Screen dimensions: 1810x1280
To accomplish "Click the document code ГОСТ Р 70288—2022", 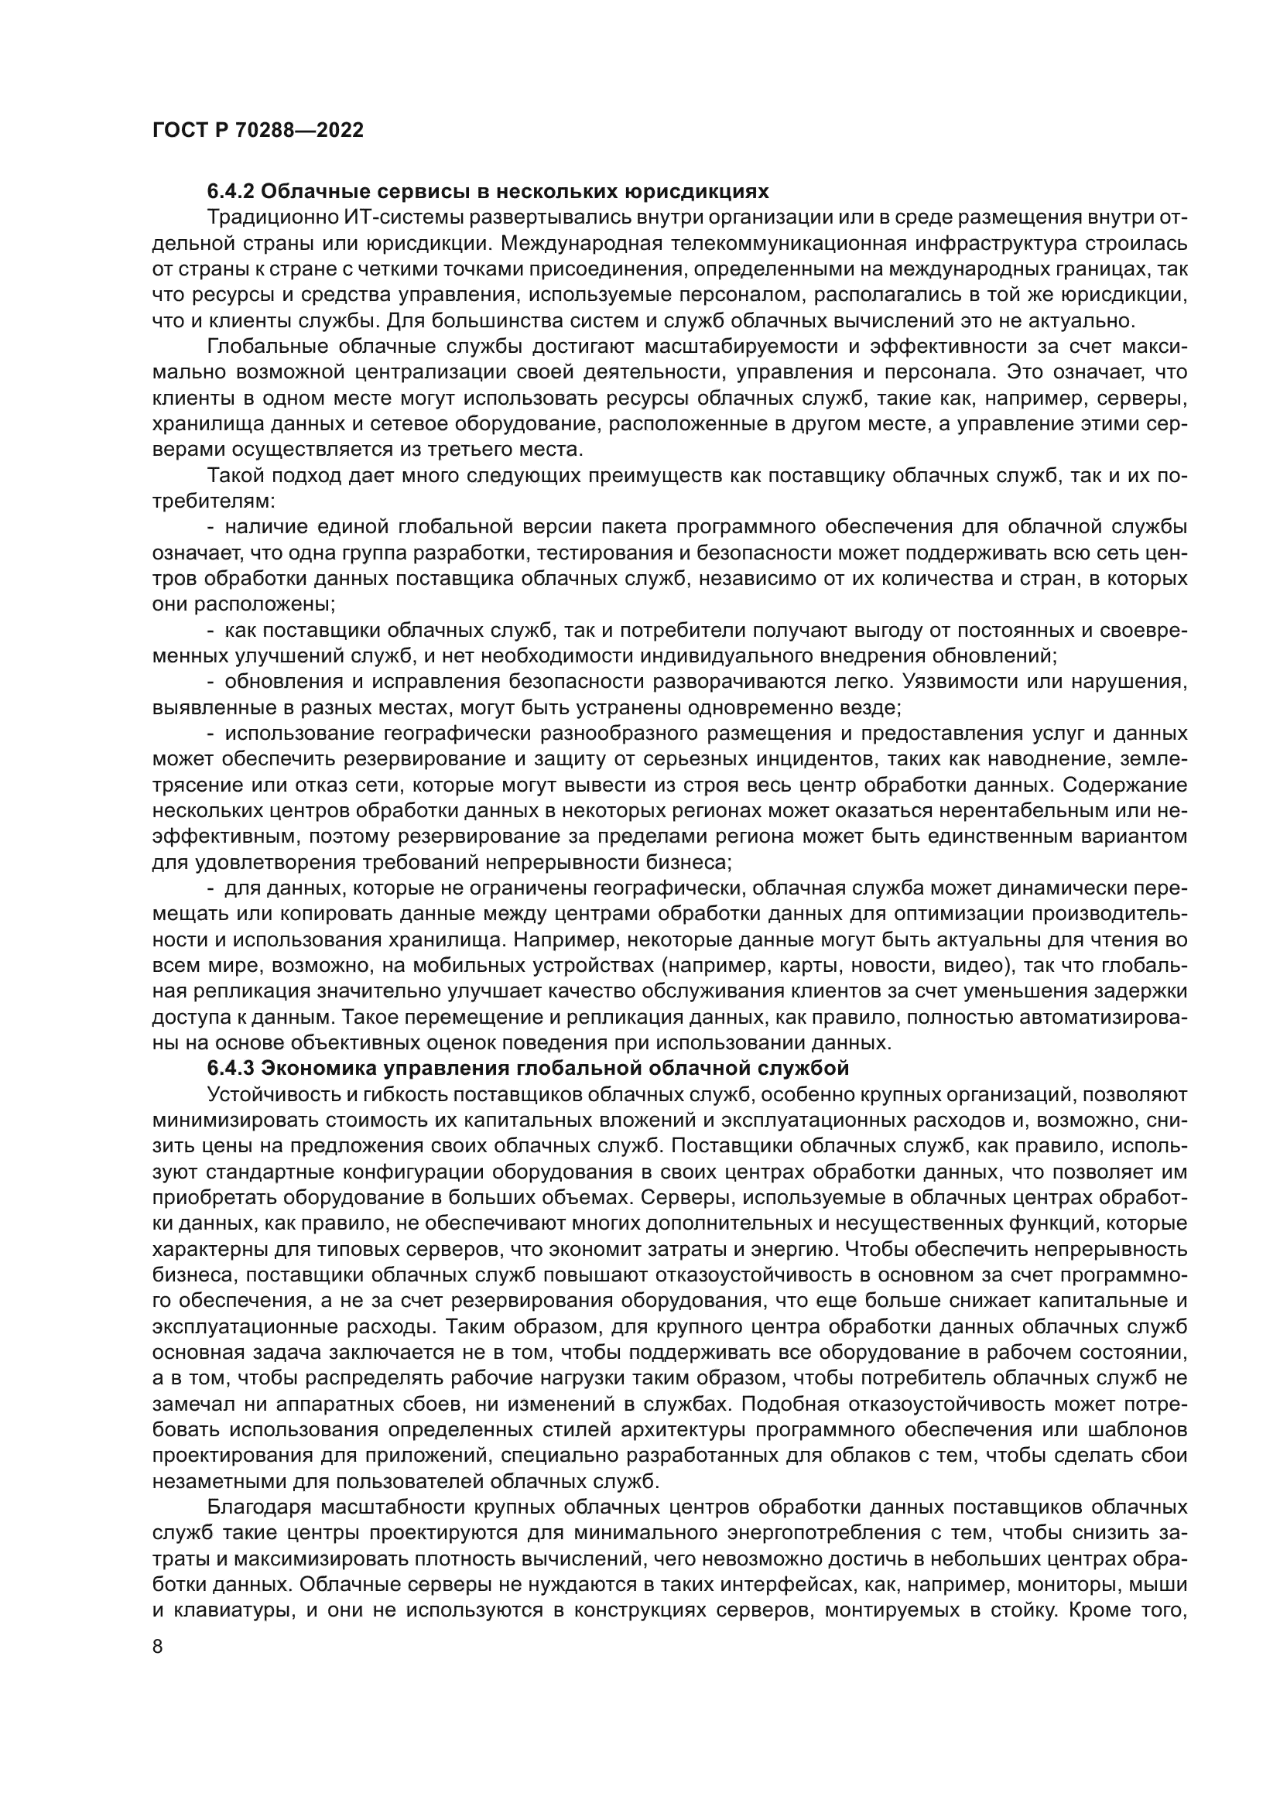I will [258, 131].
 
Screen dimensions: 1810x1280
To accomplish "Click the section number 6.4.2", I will [230, 192].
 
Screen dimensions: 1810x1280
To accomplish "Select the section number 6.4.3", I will [230, 1068].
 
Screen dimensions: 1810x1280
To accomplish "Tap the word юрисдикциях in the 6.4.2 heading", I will [697, 192].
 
